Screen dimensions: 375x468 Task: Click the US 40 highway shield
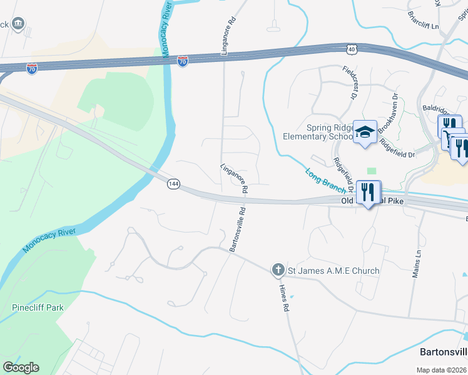353,48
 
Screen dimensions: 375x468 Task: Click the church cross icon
278,270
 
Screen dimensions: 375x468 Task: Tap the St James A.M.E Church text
333,271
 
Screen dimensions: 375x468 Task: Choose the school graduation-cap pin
365,132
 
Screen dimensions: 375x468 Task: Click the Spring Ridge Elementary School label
318,132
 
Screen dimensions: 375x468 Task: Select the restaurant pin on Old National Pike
368,192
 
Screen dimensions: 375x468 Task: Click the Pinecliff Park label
38,308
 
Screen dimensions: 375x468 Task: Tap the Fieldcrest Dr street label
348,84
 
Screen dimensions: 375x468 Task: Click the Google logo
21,367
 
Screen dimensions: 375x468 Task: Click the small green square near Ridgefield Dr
372,171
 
